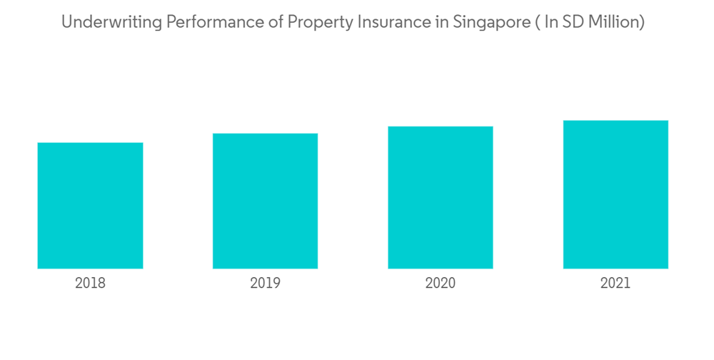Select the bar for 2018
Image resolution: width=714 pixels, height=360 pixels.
coord(90,206)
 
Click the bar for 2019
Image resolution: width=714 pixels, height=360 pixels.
coord(265,201)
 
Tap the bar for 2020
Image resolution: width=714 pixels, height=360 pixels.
coord(441,197)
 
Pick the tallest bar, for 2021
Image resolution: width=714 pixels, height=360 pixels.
coord(615,194)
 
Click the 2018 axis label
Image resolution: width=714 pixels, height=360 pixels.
coord(90,283)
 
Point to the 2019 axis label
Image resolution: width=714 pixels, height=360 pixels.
coord(265,283)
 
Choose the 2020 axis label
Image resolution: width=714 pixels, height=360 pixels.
coord(441,283)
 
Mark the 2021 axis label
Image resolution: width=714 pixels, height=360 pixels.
coord(615,283)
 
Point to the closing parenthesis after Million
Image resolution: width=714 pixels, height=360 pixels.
coord(642,23)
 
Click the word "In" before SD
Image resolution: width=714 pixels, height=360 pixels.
coord(550,23)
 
